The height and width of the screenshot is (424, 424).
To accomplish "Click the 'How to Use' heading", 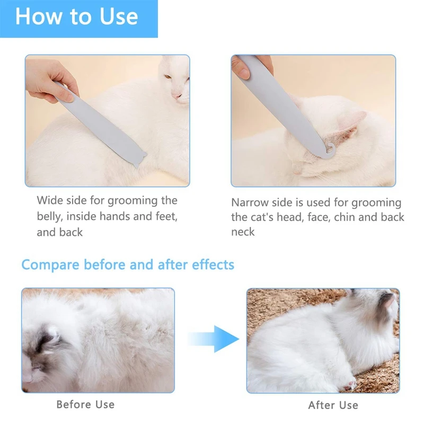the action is (x=77, y=17).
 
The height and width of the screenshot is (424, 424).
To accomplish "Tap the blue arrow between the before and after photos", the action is (x=214, y=339).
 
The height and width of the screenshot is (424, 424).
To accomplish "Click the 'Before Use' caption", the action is (x=85, y=404).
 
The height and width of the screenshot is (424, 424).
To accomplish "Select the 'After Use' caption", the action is (x=333, y=405).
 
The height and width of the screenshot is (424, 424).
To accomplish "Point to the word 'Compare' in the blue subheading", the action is (x=50, y=265).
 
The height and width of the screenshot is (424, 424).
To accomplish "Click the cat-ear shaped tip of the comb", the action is (x=140, y=159).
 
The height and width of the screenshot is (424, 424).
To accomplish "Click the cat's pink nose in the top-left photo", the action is (x=176, y=95).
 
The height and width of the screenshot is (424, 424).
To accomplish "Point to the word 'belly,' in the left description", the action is (x=49, y=217).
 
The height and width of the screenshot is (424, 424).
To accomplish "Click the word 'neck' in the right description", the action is (x=243, y=232).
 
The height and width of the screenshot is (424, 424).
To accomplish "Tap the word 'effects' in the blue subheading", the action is (x=213, y=264).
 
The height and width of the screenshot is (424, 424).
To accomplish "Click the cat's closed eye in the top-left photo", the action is (x=167, y=77).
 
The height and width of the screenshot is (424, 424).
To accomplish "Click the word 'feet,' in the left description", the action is (x=166, y=216).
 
